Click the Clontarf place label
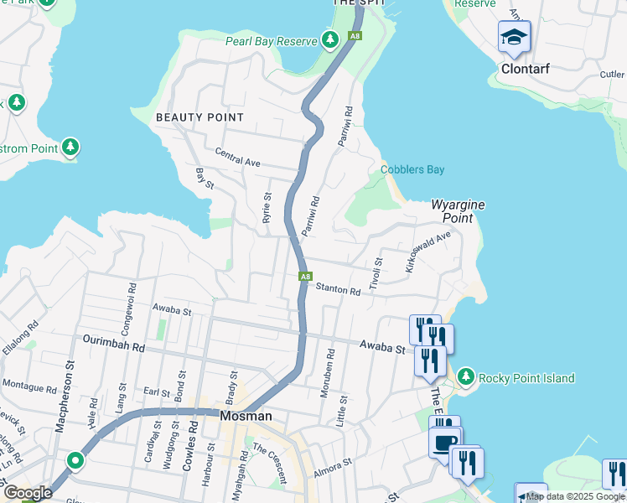point(526,69)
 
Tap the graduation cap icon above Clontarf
point(514,37)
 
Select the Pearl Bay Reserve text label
point(272,41)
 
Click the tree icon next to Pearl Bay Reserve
point(330,40)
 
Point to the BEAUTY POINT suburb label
point(199,118)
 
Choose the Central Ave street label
point(238,156)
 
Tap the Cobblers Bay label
point(412,170)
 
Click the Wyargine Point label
point(458,211)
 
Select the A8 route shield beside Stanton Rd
point(306,277)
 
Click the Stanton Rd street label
point(338,291)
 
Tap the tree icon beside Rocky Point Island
point(466,377)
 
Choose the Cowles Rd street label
point(193,435)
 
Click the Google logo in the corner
point(28,493)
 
